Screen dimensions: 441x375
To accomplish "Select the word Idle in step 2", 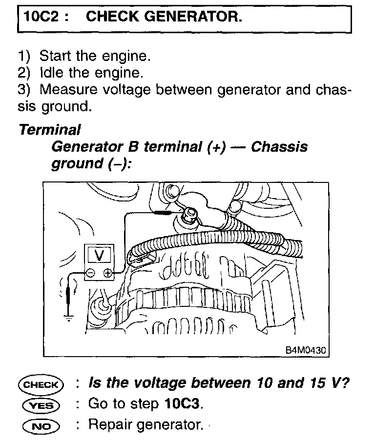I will [50, 73].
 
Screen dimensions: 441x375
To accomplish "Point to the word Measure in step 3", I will [68, 90].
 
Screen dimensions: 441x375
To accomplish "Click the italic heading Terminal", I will [49, 130].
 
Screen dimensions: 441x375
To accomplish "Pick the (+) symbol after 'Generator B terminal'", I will [218, 147].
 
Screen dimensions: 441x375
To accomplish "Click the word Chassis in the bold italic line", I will [279, 147].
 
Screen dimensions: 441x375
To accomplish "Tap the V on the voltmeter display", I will [99, 255].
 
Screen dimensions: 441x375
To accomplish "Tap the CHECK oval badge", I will [40, 384].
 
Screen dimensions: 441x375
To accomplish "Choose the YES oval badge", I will [40, 405].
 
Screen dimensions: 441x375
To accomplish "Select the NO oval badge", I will [40, 426].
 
